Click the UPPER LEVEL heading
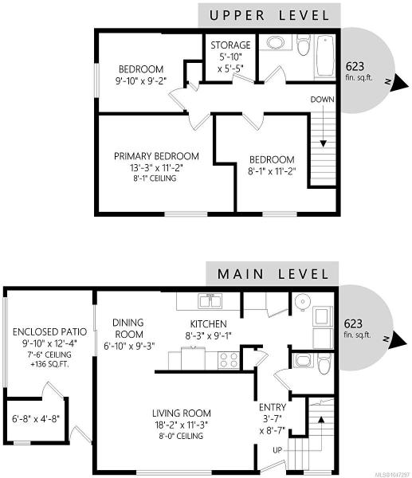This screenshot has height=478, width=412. click(x=269, y=16)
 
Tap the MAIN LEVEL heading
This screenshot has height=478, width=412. click(x=273, y=274)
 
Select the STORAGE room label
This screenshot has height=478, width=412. click(x=230, y=45)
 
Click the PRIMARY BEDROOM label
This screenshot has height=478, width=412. click(x=156, y=156)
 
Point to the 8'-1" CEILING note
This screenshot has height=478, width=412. click(x=155, y=178)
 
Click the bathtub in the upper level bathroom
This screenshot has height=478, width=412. click(x=324, y=56)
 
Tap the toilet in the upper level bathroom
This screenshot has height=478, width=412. click(x=304, y=45)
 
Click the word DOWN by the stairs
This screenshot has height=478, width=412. click(x=322, y=100)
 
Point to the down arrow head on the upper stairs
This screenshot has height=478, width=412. click(x=324, y=143)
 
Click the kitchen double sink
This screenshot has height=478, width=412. click(x=210, y=301)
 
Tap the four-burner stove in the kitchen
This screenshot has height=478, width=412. click(x=229, y=360)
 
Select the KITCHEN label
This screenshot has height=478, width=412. click(x=209, y=323)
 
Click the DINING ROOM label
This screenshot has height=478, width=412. click(x=128, y=328)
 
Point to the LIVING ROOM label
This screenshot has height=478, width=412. click(x=182, y=413)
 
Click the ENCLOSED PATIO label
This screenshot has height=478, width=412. click(x=49, y=331)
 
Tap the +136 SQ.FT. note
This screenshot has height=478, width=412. click(x=49, y=364)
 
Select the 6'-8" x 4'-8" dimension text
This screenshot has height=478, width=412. click(x=36, y=418)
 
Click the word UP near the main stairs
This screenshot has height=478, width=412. click(x=277, y=450)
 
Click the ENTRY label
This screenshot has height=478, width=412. click(x=273, y=407)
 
